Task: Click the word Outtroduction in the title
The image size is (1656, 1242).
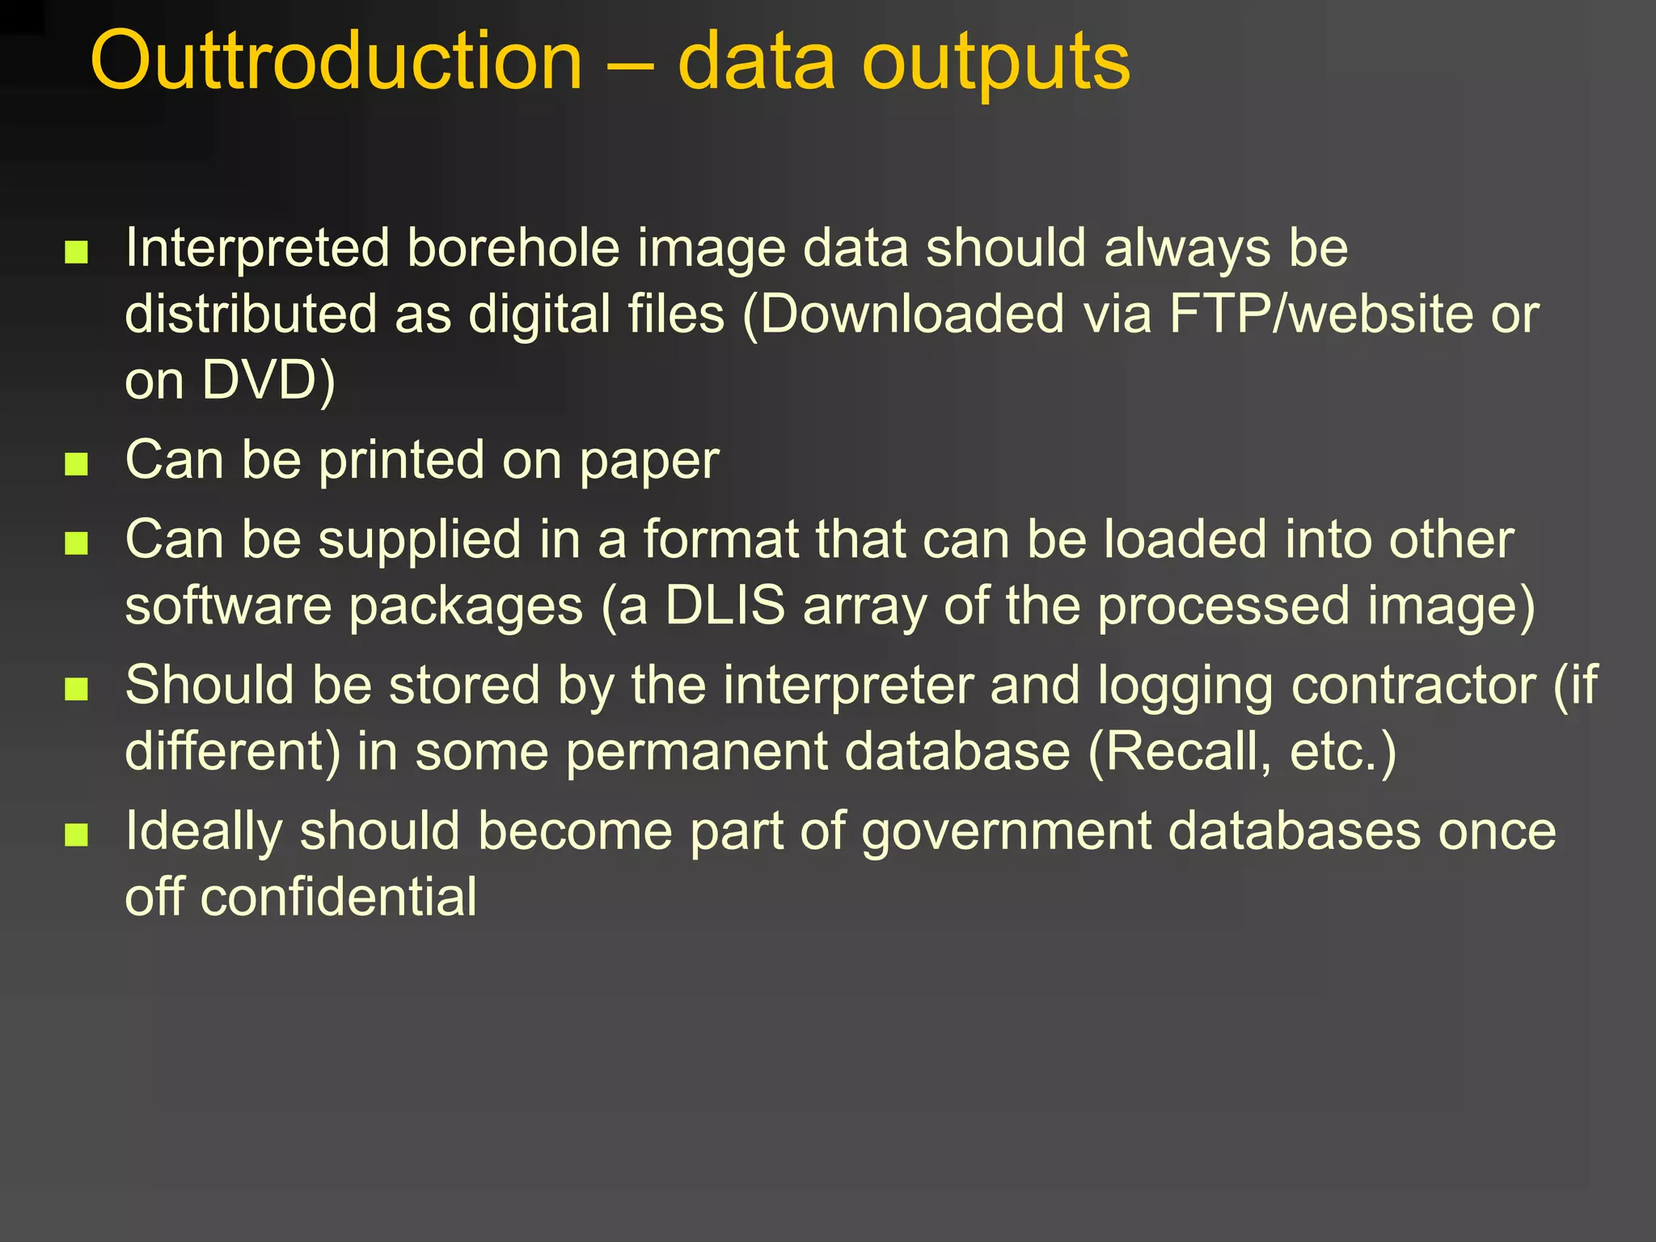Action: tap(336, 61)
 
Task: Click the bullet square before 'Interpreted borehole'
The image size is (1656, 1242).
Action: tap(76, 252)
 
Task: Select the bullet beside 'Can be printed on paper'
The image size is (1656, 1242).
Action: tap(76, 464)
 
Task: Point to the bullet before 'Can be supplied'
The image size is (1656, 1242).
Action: tap(76, 543)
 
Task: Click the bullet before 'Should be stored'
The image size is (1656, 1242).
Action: tap(76, 689)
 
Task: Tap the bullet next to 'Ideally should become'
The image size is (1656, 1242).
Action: tap(76, 834)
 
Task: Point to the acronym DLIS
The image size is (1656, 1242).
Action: tap(724, 606)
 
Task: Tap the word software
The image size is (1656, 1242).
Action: tap(229, 606)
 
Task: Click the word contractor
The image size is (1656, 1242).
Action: tap(1413, 686)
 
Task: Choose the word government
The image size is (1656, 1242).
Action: tap(1006, 833)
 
